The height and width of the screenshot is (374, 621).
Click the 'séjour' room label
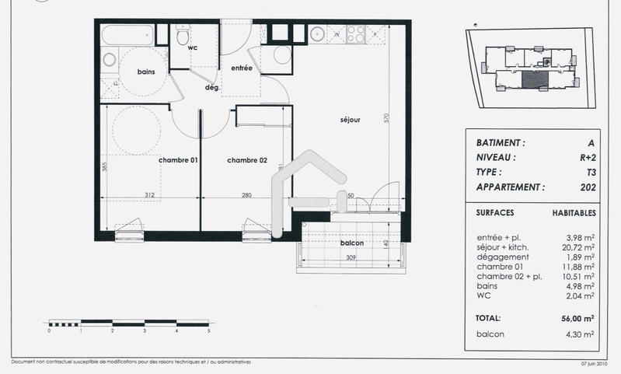[x=350, y=121]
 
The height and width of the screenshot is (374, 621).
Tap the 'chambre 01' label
[x=179, y=160]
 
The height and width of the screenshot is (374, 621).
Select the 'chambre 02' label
[x=247, y=160]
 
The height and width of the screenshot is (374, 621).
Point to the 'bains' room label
[x=146, y=72]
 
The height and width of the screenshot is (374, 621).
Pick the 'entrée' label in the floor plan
[x=241, y=68]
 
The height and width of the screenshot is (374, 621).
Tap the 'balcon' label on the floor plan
[x=352, y=243]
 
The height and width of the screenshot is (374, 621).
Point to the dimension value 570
[x=386, y=121]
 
